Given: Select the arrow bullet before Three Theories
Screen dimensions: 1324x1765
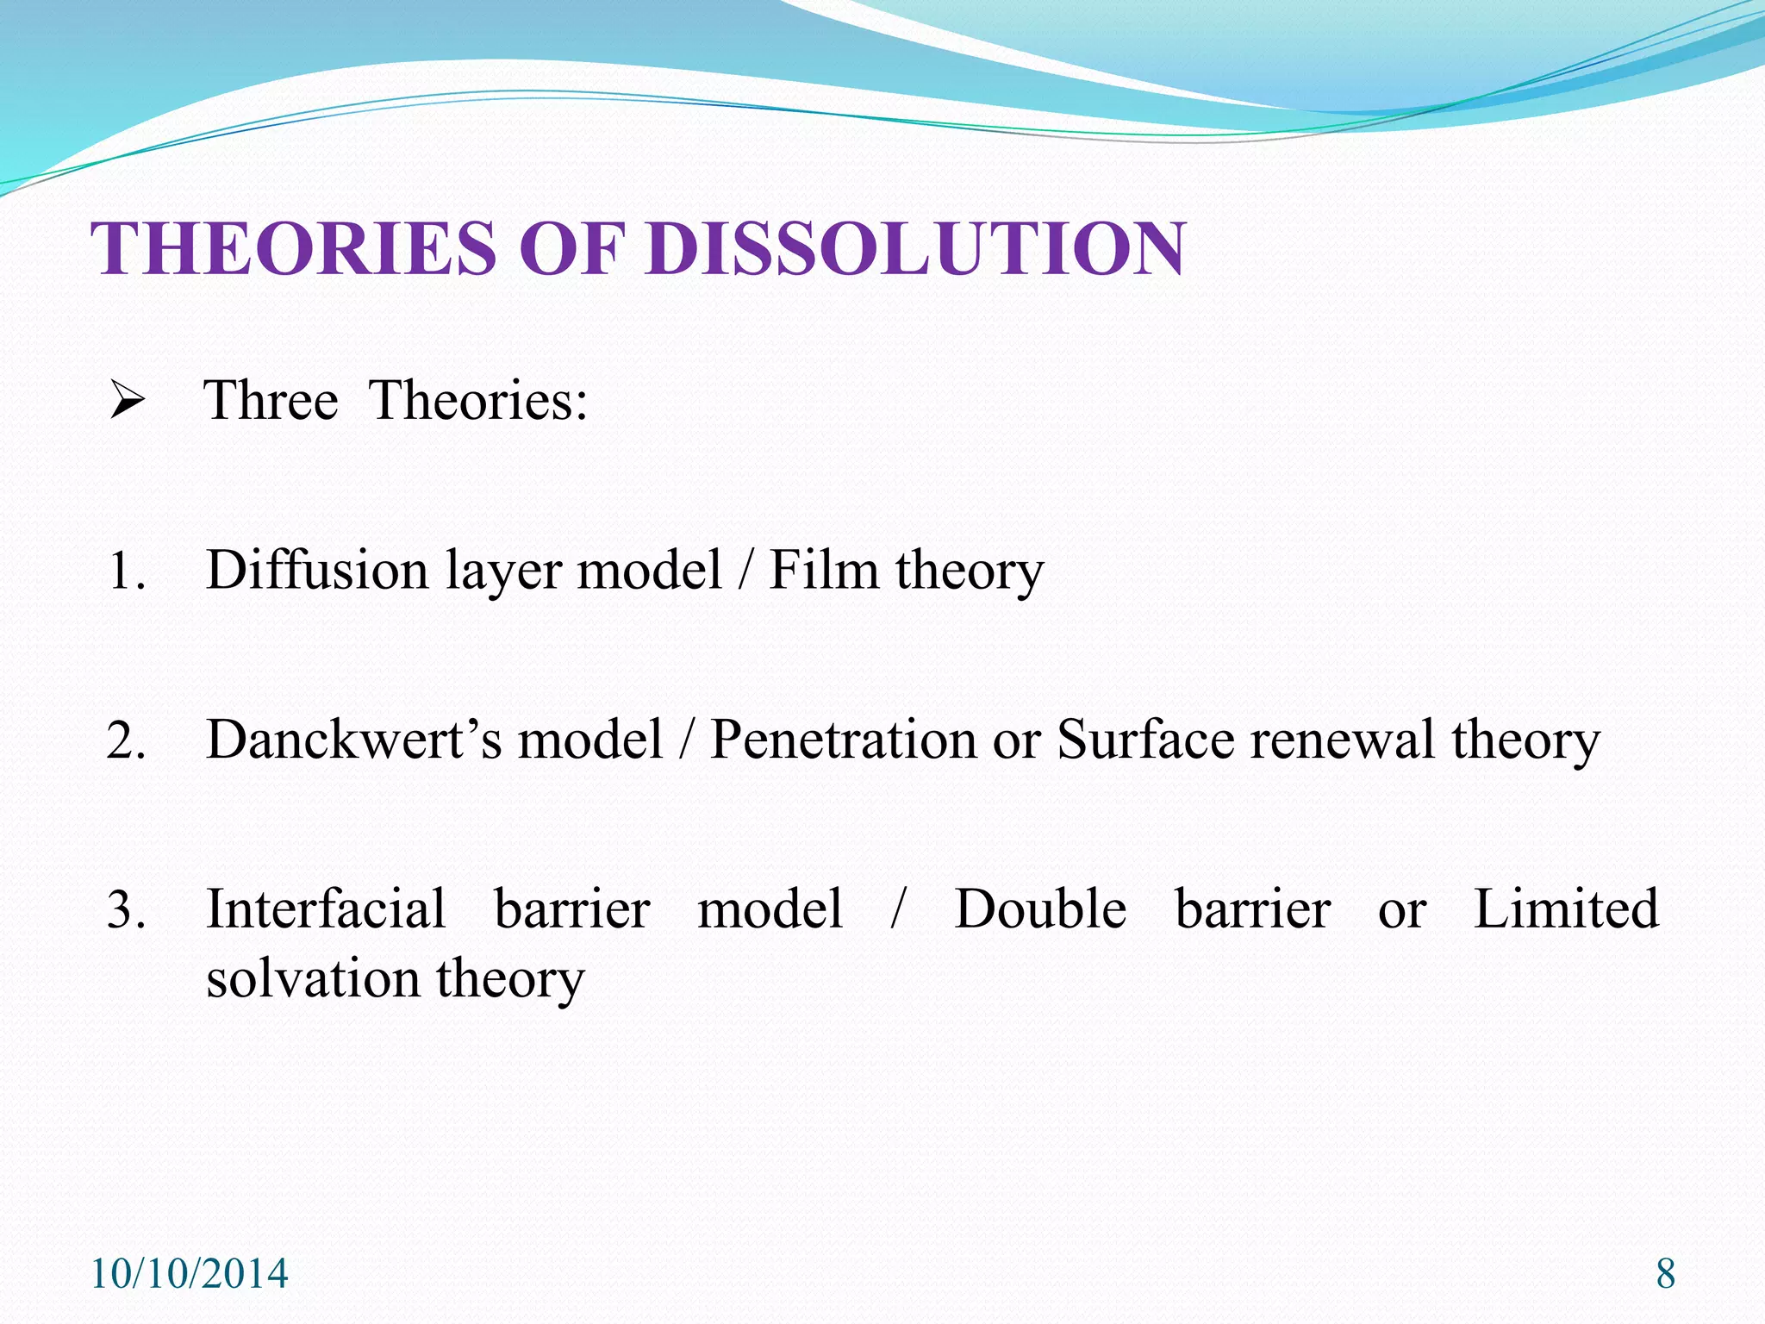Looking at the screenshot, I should click(x=127, y=402).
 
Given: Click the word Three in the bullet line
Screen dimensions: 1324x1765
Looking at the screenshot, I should click(x=271, y=401).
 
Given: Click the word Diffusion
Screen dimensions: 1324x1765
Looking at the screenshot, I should click(x=317, y=570).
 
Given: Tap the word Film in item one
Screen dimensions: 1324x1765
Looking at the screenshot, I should click(x=823, y=570).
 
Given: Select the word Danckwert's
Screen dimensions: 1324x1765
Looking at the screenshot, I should click(x=353, y=740).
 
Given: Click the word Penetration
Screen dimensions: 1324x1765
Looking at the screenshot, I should click(x=843, y=740).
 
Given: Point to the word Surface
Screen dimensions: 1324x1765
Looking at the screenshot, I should click(x=1145, y=740).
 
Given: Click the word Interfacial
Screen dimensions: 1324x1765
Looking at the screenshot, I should click(x=326, y=909).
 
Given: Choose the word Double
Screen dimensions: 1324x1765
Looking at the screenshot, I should click(x=1040, y=909).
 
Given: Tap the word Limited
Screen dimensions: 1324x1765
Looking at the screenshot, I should click(x=1566, y=909).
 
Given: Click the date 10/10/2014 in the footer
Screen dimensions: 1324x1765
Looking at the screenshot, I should click(x=189, y=1274).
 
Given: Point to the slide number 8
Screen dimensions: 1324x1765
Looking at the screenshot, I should click(x=1666, y=1274).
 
